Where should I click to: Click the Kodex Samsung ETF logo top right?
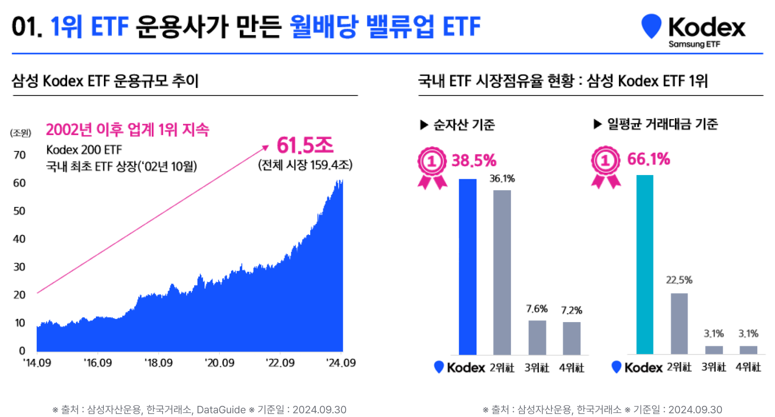pyautogui.click(x=693, y=30)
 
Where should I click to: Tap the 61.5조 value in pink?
pyautogui.click(x=305, y=145)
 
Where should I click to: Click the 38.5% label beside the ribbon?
pyautogui.click(x=474, y=161)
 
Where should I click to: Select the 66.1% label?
pyautogui.click(x=648, y=159)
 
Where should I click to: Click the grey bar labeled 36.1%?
pyautogui.click(x=502, y=272)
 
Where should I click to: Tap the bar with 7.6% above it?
pyautogui.click(x=537, y=337)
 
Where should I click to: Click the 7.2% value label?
pyautogui.click(x=571, y=310)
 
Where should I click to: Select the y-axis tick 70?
pyautogui.click(x=20, y=155)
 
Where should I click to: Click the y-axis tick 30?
pyautogui.click(x=20, y=267)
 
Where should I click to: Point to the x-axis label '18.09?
pyautogui.click(x=158, y=363)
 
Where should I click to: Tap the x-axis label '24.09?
pyautogui.click(x=341, y=363)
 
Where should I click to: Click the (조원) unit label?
pyautogui.click(x=20, y=133)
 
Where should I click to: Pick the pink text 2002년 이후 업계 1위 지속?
pyautogui.click(x=128, y=129)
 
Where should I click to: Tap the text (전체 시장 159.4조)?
pyautogui.click(x=305, y=165)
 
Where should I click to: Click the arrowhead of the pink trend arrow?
pyautogui.click(x=266, y=148)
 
